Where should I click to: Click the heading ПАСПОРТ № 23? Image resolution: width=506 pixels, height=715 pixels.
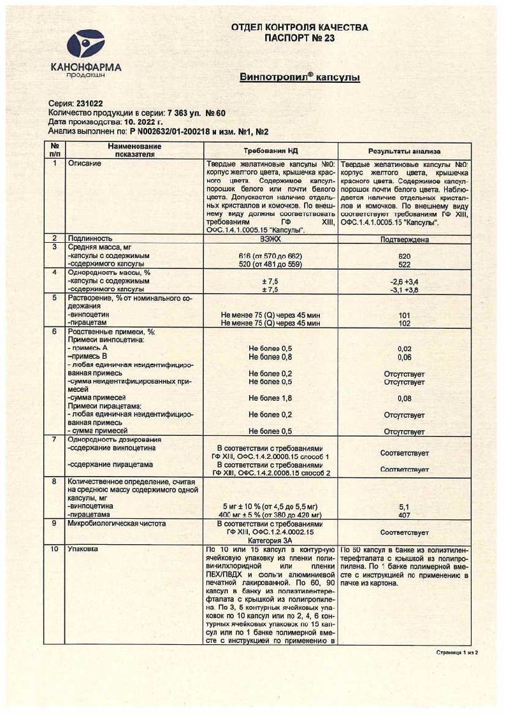click(299, 38)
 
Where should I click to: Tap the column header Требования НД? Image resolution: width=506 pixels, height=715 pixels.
click(271, 151)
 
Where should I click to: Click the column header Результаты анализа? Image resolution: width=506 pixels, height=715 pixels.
click(404, 151)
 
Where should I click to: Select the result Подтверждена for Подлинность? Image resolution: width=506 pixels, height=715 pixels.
click(404, 240)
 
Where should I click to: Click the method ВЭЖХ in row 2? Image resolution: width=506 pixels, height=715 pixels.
click(271, 240)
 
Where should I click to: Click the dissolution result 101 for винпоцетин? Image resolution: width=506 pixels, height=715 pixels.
click(404, 314)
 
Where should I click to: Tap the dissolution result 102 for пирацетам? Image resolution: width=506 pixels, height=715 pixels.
click(404, 323)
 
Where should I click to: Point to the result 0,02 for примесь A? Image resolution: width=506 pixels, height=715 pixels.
click(404, 349)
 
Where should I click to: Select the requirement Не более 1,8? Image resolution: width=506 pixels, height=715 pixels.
click(271, 398)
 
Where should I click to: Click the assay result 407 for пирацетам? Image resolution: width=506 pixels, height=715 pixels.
click(404, 514)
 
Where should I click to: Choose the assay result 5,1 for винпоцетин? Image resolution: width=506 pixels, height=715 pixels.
click(404, 507)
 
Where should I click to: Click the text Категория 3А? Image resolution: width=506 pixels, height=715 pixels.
click(271, 540)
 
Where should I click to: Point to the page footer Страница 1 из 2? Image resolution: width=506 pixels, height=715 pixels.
click(456, 653)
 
